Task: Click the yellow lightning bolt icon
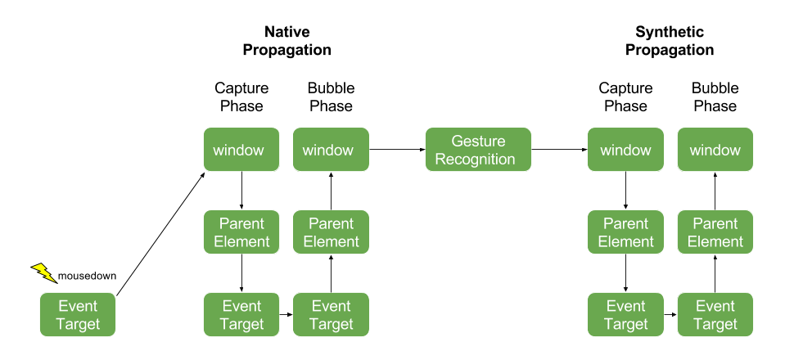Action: click(x=43, y=272)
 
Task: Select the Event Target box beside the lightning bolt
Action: click(x=78, y=315)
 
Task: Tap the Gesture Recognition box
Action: click(x=478, y=150)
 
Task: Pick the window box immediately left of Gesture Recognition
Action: click(x=331, y=150)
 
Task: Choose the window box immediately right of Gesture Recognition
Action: click(x=625, y=150)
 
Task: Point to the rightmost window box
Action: click(x=715, y=150)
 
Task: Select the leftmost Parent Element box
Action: click(x=241, y=232)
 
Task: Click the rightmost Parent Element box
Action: click(x=715, y=232)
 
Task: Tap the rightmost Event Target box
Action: click(x=715, y=315)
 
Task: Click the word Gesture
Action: click(x=478, y=142)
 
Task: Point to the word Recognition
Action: click(x=475, y=160)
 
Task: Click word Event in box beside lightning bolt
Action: click(x=78, y=306)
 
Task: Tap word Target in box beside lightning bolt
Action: click(x=78, y=324)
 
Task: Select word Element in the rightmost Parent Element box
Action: click(x=715, y=241)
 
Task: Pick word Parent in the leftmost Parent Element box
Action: click(x=241, y=223)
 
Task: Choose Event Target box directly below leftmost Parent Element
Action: click(x=241, y=315)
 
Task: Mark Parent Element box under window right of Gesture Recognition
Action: click(x=625, y=232)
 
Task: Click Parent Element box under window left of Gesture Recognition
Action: click(x=331, y=232)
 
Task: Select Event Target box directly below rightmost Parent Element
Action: click(x=715, y=315)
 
